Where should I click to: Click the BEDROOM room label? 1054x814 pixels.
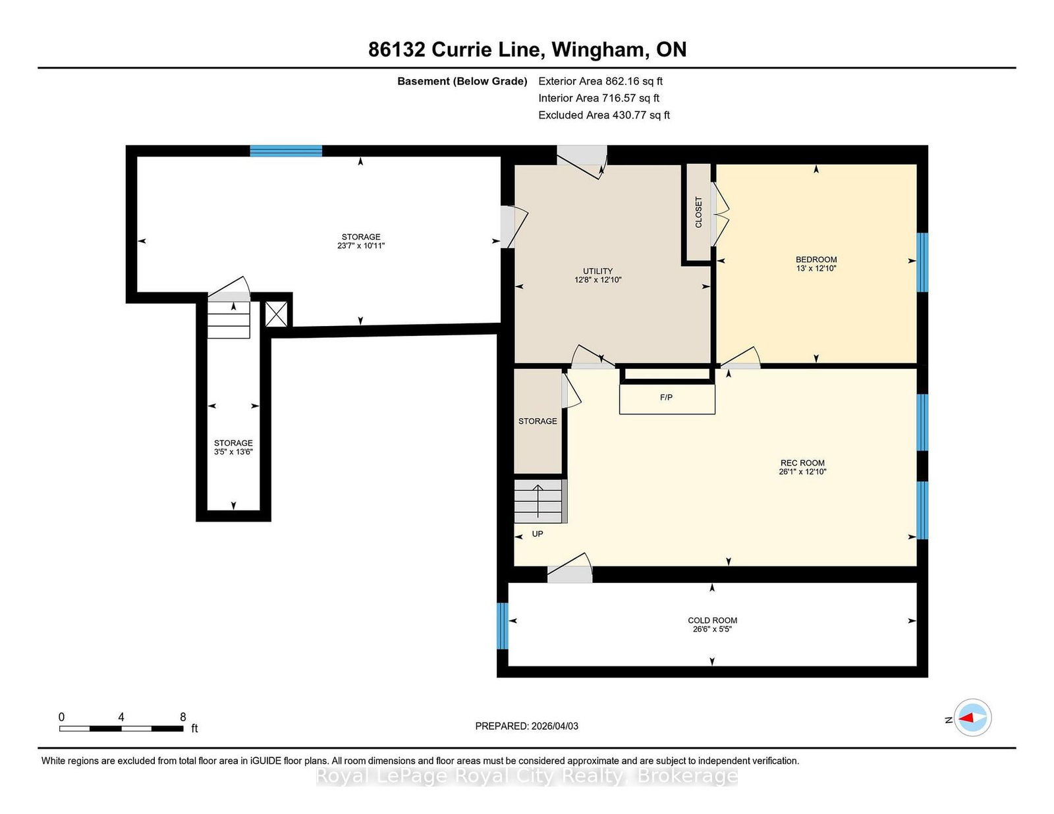(816, 259)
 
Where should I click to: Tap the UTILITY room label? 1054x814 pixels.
(597, 271)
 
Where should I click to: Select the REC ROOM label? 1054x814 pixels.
(802, 462)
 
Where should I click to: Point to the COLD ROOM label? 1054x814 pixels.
(712, 620)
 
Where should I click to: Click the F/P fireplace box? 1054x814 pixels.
(667, 398)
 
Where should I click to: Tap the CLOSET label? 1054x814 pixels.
(698, 212)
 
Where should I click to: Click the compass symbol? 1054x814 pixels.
(972, 718)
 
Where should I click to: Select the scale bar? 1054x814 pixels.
(121, 728)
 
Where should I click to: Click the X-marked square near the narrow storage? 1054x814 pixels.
(276, 314)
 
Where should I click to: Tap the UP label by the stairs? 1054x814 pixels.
(538, 534)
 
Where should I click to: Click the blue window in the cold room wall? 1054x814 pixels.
(503, 626)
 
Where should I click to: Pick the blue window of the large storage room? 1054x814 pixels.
(286, 151)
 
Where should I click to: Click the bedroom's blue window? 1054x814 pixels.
(922, 262)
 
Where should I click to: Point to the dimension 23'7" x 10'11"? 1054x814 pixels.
(361, 246)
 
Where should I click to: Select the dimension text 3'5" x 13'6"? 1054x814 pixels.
(233, 452)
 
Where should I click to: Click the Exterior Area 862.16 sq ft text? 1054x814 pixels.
(601, 81)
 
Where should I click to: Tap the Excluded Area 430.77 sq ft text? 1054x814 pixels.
(604, 115)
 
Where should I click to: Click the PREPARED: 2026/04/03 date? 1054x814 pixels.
(527, 726)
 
